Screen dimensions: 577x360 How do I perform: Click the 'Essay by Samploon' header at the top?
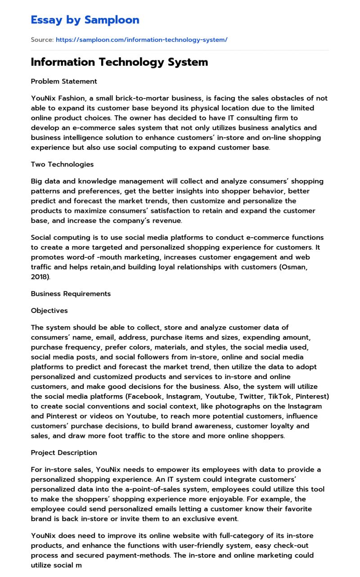(85, 20)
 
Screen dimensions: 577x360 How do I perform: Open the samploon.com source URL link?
(141, 40)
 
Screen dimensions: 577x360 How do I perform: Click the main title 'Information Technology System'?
(119, 62)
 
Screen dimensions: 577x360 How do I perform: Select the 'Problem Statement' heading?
(64, 81)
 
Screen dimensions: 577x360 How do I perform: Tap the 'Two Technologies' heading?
(62, 164)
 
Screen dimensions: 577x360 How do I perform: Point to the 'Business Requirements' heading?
(71, 294)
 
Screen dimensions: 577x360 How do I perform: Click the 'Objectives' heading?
(49, 311)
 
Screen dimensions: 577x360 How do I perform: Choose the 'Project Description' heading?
(64, 452)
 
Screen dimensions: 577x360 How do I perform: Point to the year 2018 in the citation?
(40, 277)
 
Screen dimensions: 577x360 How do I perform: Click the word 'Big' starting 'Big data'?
(37, 181)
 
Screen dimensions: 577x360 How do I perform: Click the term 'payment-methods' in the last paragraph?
(145, 555)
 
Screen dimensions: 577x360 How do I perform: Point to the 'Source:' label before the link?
(42, 40)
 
